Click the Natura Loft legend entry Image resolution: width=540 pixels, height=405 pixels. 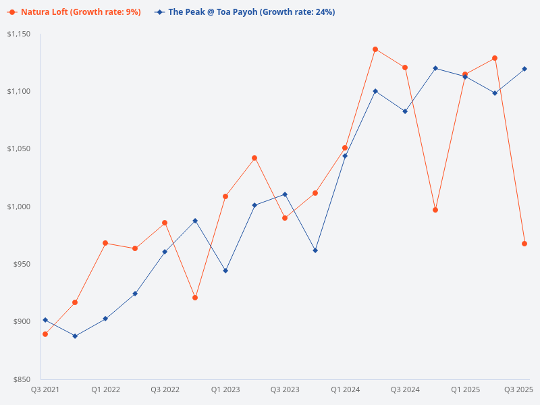pyautogui.click(x=74, y=12)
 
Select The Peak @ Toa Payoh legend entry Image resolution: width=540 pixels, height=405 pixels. pyautogui.click(x=246, y=12)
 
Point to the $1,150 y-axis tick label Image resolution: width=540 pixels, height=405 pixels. pyautogui.click(x=19, y=34)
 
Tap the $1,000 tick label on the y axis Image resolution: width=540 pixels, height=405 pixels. pyautogui.click(x=19, y=207)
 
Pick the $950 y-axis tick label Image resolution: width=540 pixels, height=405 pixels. pyautogui.click(x=22, y=264)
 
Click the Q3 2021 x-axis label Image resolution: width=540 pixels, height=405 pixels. pyautogui.click(x=45, y=389)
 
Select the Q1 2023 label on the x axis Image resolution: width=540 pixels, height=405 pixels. pyautogui.click(x=225, y=389)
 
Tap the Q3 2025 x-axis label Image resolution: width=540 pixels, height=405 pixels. pyautogui.click(x=519, y=389)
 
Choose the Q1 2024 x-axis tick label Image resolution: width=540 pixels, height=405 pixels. pyautogui.click(x=345, y=389)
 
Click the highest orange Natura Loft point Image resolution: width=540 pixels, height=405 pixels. pyautogui.click(x=375, y=49)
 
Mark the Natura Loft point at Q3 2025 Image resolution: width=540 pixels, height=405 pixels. pyautogui.click(x=524, y=244)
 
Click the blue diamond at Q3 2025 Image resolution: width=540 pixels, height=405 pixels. pyautogui.click(x=524, y=69)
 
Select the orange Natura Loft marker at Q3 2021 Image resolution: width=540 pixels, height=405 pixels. pyautogui.click(x=45, y=334)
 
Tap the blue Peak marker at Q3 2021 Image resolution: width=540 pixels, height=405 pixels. pyautogui.click(x=45, y=320)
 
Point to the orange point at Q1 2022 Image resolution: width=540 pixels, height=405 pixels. pyautogui.click(x=105, y=243)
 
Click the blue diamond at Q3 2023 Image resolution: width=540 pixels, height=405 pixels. pyautogui.click(x=285, y=194)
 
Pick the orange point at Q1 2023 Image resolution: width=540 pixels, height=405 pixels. pyautogui.click(x=225, y=196)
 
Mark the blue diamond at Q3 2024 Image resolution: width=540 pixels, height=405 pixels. pyautogui.click(x=405, y=111)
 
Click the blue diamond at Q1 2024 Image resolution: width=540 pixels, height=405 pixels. pyautogui.click(x=345, y=156)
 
